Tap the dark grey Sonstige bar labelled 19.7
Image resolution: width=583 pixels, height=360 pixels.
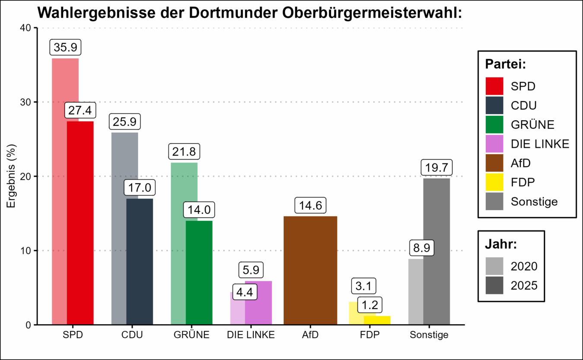pyautogui.click(x=437, y=251)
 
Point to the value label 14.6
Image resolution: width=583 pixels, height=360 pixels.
pyautogui.click(x=310, y=206)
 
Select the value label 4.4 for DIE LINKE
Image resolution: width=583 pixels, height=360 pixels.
pyautogui.click(x=245, y=291)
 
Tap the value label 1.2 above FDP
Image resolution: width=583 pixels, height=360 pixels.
pyautogui.click(x=370, y=305)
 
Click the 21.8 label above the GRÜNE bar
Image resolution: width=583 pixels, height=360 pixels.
pyautogui.click(x=184, y=152)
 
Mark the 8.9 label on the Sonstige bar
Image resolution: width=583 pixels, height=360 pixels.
pyautogui.click(x=421, y=248)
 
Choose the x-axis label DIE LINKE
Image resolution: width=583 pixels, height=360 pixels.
pyautogui.click(x=251, y=335)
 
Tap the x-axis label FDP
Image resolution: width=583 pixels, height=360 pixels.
pyautogui.click(x=370, y=335)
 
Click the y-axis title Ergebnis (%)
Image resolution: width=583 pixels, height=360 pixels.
pyautogui.click(x=11, y=176)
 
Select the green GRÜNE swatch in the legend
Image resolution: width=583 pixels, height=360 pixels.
pyautogui.click(x=494, y=124)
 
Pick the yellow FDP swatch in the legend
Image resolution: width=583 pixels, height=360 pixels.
pyautogui.click(x=494, y=182)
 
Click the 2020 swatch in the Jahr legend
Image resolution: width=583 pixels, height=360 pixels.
pyautogui.click(x=494, y=266)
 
